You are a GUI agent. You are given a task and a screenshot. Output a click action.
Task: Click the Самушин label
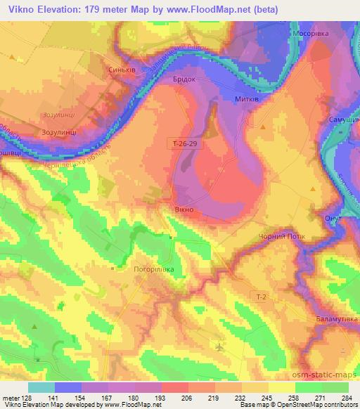(x=344, y=120)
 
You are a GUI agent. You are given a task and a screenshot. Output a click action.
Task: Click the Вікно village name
(x=184, y=209)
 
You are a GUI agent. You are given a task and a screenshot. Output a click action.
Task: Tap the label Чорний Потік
(x=282, y=237)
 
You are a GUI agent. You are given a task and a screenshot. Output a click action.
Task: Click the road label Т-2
(x=261, y=298)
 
